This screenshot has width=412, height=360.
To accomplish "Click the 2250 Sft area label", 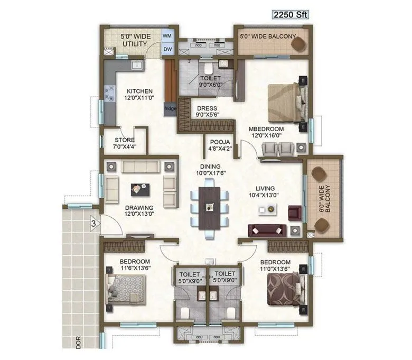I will coord(289,14).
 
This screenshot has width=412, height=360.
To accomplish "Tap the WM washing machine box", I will coord(167,35).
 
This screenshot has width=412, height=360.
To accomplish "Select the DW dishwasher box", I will coord(167,50).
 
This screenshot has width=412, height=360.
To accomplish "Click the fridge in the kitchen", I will coord(170,109).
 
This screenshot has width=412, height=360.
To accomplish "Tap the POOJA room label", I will coord(219,145).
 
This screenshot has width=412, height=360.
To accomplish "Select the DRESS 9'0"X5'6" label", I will coord(207,112).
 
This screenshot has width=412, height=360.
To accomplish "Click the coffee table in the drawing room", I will coord(141,188).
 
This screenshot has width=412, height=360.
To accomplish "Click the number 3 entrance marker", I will coord(93,223).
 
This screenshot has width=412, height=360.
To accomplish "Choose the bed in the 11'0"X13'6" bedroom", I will coord(285,289).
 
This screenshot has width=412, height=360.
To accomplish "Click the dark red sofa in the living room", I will coord(267,230).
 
